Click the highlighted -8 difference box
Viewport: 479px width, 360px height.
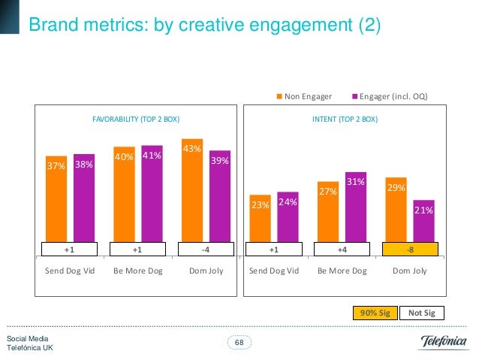click(409, 249)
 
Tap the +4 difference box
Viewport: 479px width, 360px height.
click(342, 249)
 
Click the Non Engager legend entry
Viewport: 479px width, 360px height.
click(308, 96)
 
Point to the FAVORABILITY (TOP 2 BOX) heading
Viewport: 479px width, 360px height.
click(136, 119)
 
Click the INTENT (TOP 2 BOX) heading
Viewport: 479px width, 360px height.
click(345, 119)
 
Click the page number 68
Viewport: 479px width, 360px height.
click(239, 343)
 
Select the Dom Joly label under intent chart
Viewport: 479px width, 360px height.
click(409, 271)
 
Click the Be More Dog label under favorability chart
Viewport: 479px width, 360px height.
click(137, 271)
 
